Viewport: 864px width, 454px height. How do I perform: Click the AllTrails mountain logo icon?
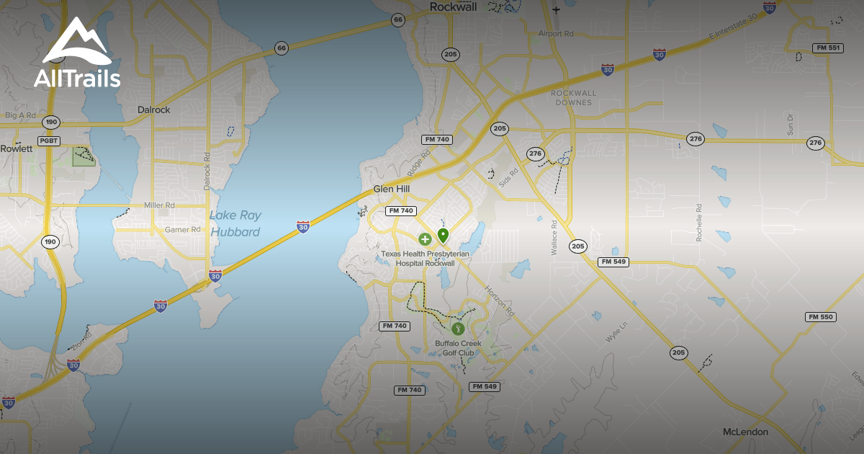click(76, 41)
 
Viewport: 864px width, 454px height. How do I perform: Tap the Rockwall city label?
click(454, 6)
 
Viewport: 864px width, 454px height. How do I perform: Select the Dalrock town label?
click(153, 110)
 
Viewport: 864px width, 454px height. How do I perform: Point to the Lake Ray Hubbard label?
click(235, 223)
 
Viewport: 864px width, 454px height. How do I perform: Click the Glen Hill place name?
click(392, 189)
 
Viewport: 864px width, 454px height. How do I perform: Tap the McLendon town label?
click(745, 432)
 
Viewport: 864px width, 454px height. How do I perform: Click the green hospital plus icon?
click(425, 239)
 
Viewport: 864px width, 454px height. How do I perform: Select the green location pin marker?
click(443, 234)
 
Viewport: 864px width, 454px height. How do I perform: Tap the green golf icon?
click(457, 329)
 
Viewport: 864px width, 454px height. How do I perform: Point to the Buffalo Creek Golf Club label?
click(458, 348)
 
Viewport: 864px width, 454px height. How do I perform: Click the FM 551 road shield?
click(827, 48)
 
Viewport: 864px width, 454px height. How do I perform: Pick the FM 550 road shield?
click(820, 317)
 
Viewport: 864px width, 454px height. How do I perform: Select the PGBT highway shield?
click(50, 141)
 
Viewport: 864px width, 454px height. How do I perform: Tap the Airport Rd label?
click(555, 34)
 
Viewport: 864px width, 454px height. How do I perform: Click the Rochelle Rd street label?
click(699, 222)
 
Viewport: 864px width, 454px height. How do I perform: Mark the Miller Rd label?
click(159, 205)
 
